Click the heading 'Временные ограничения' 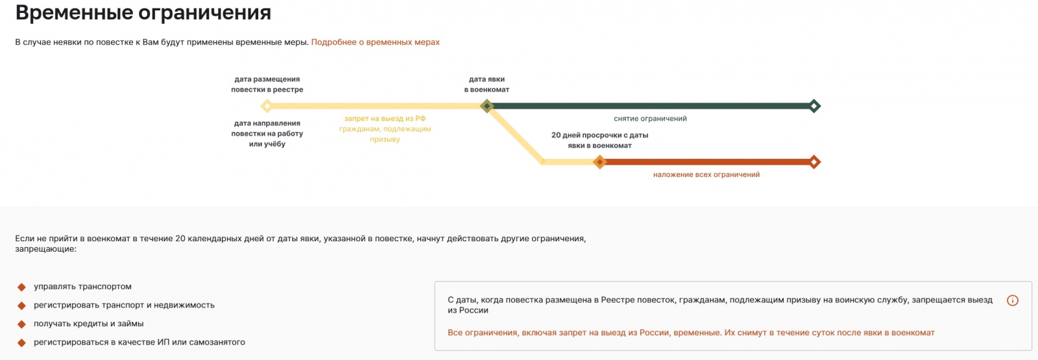pyautogui.click(x=143, y=13)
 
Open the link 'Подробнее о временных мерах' pyautogui.click(x=375, y=42)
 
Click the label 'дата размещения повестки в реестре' pyautogui.click(x=267, y=84)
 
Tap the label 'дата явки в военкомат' pyautogui.click(x=487, y=84)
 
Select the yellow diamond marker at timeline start pyautogui.click(x=266, y=106)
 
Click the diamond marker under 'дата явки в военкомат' pyautogui.click(x=487, y=106)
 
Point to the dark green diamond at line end pyautogui.click(x=815, y=106)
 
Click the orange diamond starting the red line pyautogui.click(x=599, y=162)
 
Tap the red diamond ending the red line pyautogui.click(x=815, y=162)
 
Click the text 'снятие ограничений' pyautogui.click(x=650, y=119)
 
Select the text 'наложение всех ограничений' pyautogui.click(x=706, y=174)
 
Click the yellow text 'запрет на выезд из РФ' pyautogui.click(x=385, y=119)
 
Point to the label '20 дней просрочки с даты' pyautogui.click(x=599, y=136)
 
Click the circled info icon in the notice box pyautogui.click(x=1012, y=300)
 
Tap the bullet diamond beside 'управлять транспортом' pyautogui.click(x=21, y=287)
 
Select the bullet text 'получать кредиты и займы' pyautogui.click(x=89, y=324)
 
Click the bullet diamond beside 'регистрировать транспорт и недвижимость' pyautogui.click(x=21, y=306)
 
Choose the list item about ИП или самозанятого pyautogui.click(x=139, y=342)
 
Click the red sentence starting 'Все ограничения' pyautogui.click(x=691, y=333)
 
